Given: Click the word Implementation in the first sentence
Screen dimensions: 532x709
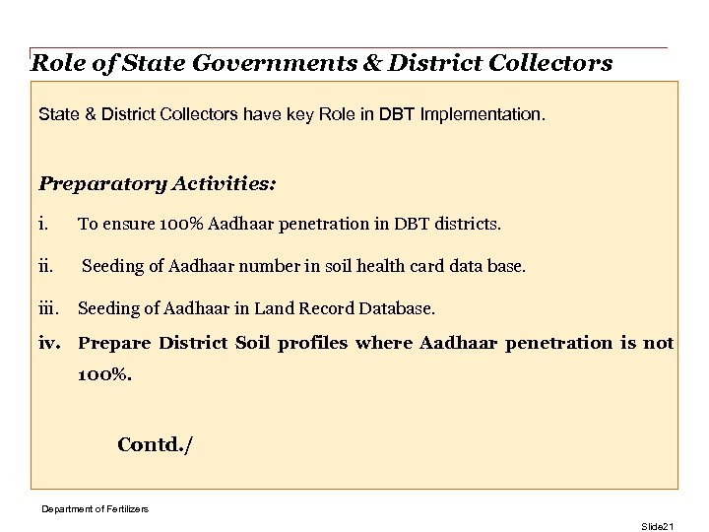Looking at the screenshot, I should pyautogui.click(x=482, y=115).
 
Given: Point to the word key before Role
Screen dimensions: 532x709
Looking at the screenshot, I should pyautogui.click(x=296, y=115).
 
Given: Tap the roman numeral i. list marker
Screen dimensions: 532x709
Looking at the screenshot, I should pyautogui.click(x=43, y=225).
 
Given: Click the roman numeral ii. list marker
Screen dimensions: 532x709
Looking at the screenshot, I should pyautogui.click(x=45, y=267).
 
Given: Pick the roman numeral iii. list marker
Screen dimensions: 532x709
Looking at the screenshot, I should pyautogui.click(x=48, y=309).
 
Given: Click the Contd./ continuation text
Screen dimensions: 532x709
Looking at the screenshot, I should pyautogui.click(x=156, y=444).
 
